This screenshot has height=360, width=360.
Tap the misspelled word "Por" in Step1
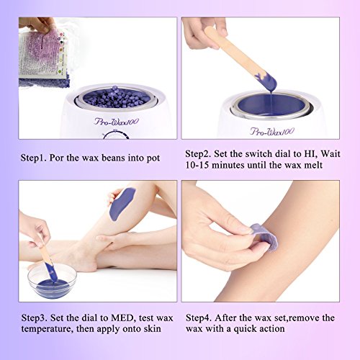(x=57, y=158)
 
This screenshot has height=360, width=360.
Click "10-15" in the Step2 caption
(x=197, y=165)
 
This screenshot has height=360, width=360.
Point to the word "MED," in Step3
(x=122, y=318)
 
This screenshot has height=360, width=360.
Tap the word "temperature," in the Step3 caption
(x=47, y=329)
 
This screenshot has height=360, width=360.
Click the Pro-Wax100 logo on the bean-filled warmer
(x=117, y=122)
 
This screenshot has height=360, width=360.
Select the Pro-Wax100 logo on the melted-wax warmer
(x=272, y=132)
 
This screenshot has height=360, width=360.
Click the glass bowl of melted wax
(x=52, y=281)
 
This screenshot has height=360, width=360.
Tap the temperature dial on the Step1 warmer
(x=116, y=135)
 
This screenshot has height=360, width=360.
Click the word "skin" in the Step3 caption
(x=153, y=328)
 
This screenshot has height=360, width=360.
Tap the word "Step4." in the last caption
(x=199, y=318)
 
